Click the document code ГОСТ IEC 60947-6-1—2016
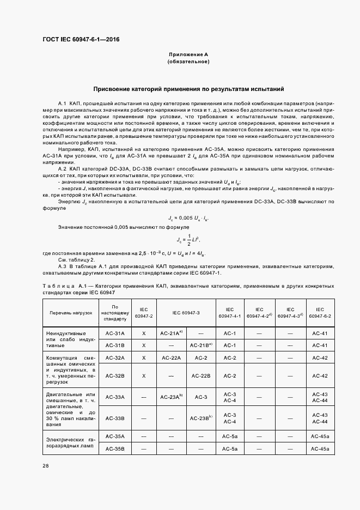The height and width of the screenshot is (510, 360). point(81,40)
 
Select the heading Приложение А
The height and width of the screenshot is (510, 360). point(188,55)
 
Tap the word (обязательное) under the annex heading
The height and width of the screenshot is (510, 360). point(188,62)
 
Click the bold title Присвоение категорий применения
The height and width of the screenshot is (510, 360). point(188,88)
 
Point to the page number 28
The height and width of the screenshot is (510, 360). point(46,465)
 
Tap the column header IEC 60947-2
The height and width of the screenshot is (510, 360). point(144,313)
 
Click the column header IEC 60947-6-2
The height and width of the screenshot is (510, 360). point(320,313)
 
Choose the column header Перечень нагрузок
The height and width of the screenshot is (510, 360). point(71,313)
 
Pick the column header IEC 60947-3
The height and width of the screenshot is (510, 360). point(186,313)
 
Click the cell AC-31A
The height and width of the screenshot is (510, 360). point(115,333)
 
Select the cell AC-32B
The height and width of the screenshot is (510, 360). point(115,376)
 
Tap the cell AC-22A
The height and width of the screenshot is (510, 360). point(171,358)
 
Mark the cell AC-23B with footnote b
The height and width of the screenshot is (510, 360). point(201,418)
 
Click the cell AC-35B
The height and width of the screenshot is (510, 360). point(115,448)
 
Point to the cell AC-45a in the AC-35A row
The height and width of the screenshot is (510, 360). point(320,436)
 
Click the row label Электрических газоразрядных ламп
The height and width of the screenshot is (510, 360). point(71,442)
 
